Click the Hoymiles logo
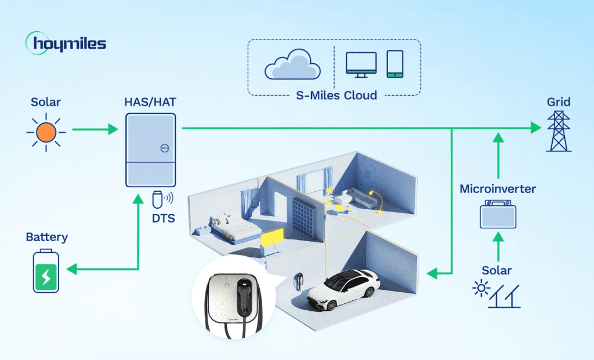pos(66,44)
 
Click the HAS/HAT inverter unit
pos(151,150)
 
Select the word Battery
pos(46,237)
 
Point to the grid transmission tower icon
pos(559,132)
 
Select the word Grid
pos(559,103)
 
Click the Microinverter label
pos(498,189)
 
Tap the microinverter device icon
pos(498,214)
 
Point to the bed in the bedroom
pos(230,228)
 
